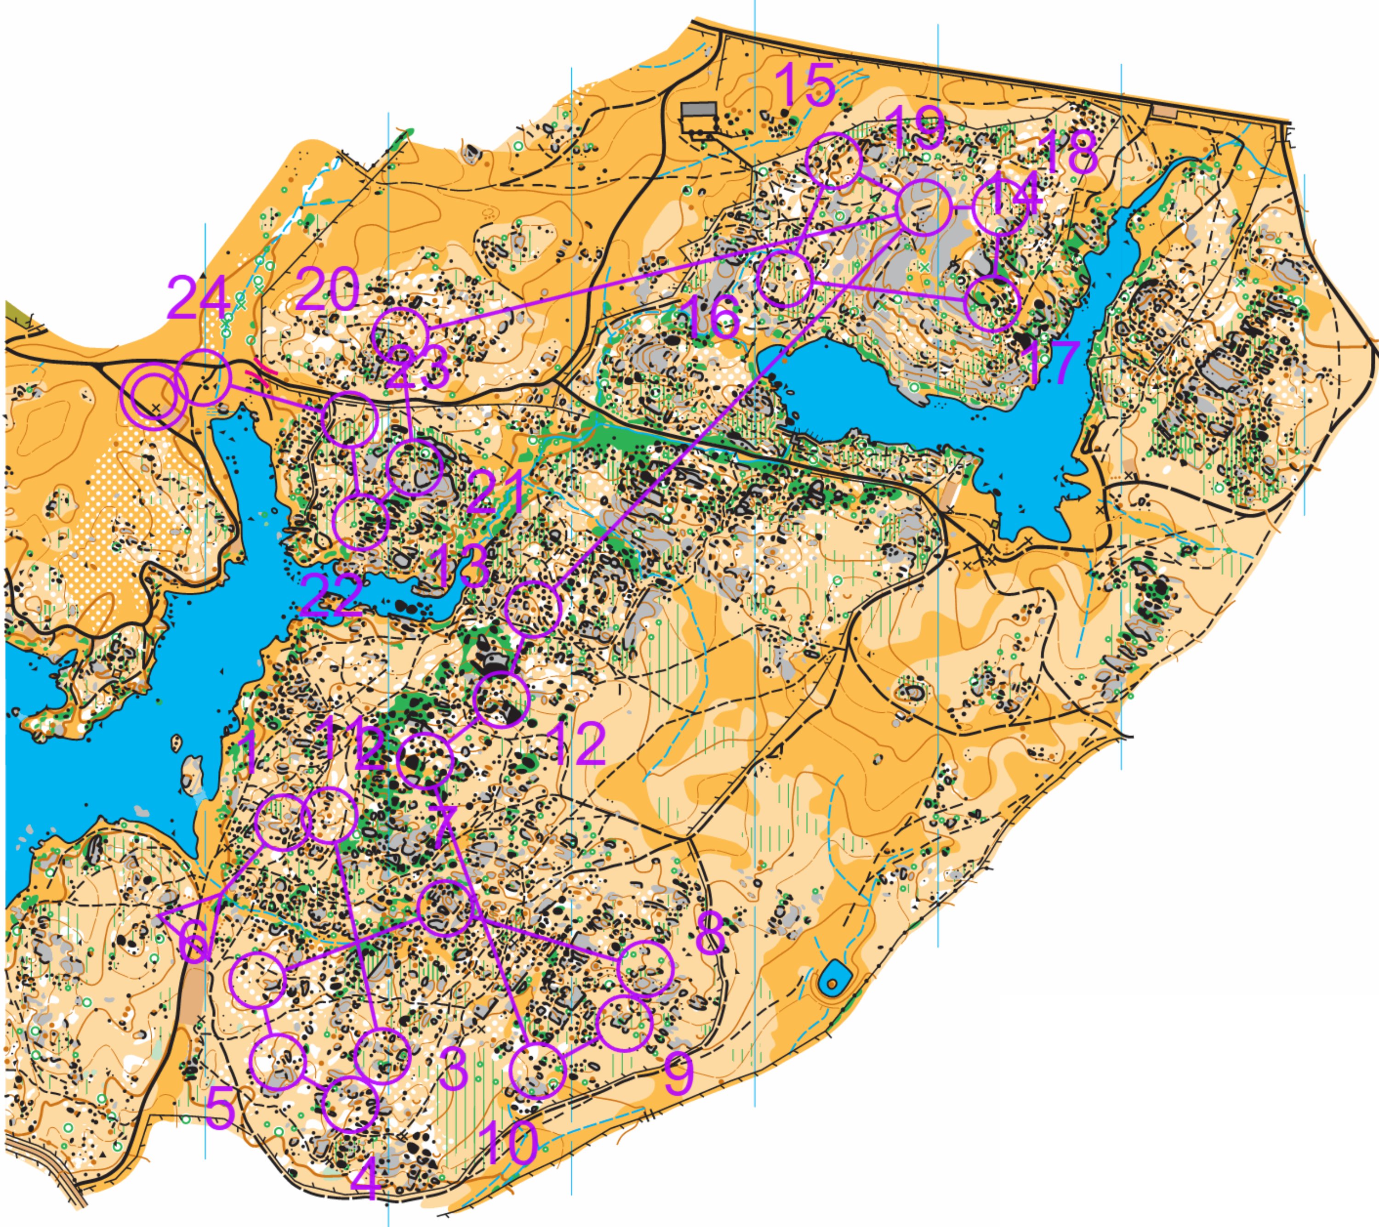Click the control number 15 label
(805, 85)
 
